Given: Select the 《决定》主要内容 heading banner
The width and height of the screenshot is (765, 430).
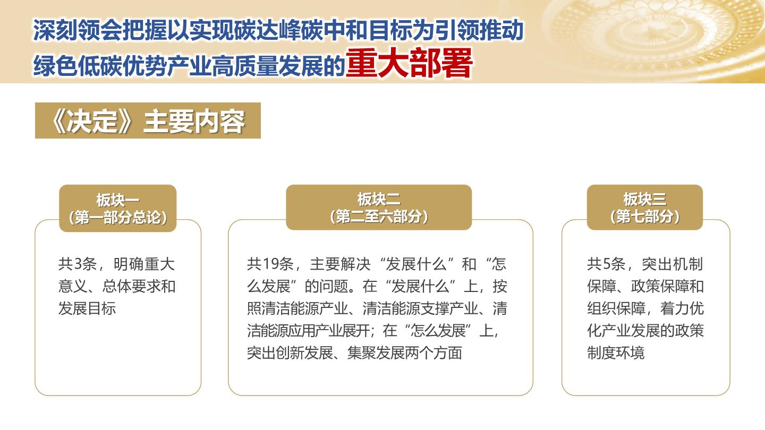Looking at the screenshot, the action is point(148,121).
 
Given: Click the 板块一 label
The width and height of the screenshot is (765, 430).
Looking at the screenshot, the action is point(118,200).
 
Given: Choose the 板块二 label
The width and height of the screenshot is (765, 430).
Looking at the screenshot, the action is point(379,199).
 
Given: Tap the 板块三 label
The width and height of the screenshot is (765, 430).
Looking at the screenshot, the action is point(645,199).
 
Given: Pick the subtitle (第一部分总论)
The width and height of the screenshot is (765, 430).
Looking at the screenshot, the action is point(118,218).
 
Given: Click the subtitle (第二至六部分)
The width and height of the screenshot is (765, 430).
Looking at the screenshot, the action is point(379,217).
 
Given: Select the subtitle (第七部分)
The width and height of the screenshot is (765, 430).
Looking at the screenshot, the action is point(645,217).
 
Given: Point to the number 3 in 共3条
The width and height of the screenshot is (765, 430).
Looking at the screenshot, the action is point(78,264).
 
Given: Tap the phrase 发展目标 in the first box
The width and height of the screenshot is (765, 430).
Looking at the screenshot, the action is point(87,308).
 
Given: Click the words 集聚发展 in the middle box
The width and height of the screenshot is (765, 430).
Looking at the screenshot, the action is point(376,353).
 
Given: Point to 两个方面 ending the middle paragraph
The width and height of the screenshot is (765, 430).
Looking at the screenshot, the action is point(433,353).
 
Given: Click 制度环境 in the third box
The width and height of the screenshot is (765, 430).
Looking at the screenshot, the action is point(616,353).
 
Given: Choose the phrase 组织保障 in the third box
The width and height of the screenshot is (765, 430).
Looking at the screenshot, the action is point(616,308).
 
